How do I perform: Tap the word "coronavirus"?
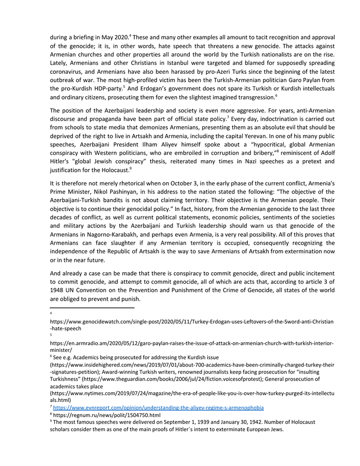[69, 72]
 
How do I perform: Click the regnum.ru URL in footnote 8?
[107, 416]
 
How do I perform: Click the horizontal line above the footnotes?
[92, 308]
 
